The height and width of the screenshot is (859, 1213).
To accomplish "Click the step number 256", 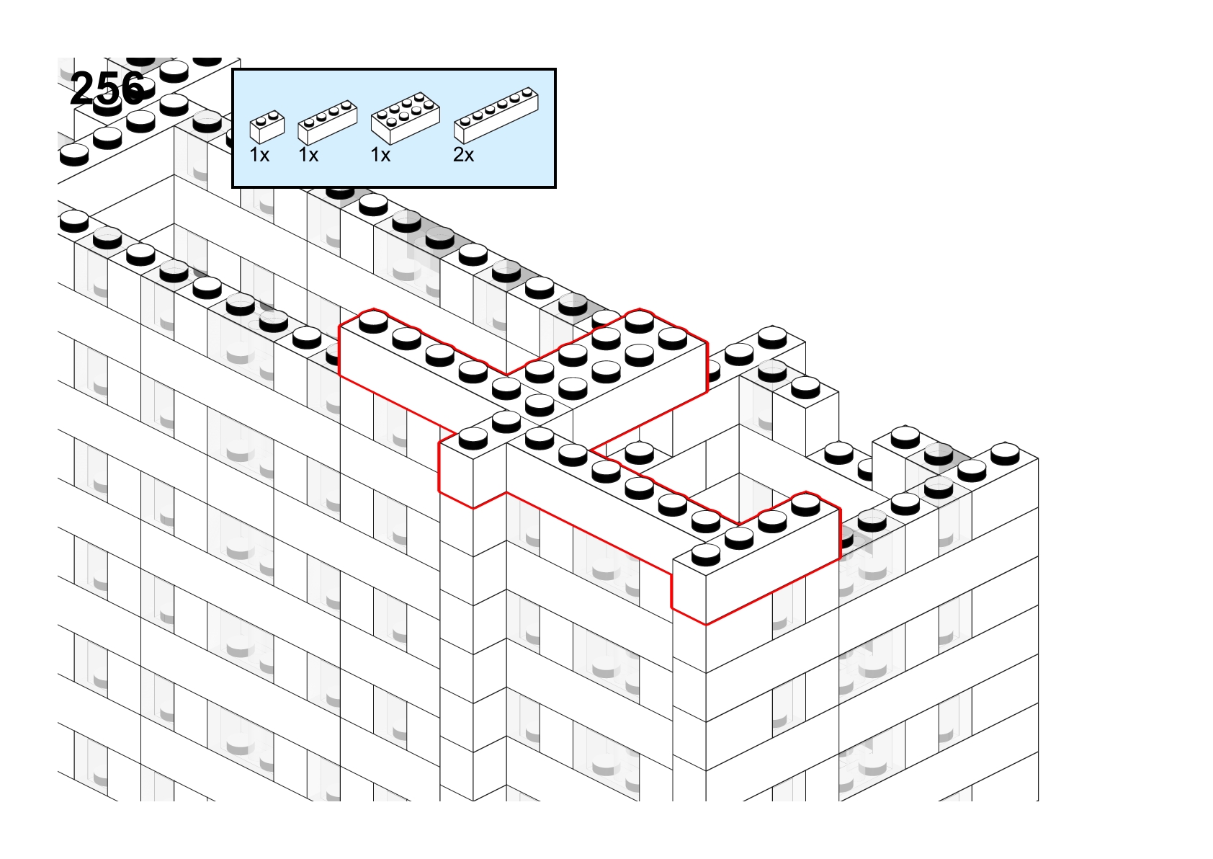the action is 107,89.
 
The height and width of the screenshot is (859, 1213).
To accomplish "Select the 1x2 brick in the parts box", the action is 267,128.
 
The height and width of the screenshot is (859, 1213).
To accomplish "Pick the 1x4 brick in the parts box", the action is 328,123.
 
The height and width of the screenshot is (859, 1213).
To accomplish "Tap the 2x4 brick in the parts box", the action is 405,118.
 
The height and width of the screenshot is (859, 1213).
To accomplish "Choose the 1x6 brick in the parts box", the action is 496,115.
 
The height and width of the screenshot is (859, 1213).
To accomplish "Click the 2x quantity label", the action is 464,156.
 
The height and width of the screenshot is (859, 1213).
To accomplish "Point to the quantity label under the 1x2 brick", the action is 259,156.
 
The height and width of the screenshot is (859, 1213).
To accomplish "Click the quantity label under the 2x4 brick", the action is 380,156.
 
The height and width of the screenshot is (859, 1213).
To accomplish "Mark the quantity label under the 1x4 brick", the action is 308,156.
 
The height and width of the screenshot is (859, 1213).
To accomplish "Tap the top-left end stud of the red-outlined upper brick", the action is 374,321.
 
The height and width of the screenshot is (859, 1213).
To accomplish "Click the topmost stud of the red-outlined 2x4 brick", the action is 640,321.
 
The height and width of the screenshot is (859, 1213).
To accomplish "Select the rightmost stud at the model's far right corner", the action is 1005,454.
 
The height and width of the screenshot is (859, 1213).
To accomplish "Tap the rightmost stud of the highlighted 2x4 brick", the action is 673,339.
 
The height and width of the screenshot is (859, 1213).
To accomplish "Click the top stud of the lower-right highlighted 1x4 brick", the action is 806,504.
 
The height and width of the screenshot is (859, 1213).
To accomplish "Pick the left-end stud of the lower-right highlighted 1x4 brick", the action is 706,553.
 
